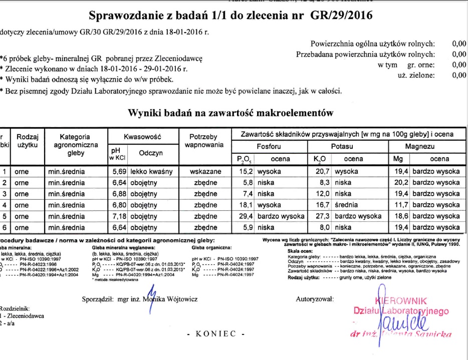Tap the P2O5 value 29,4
pos(245,216)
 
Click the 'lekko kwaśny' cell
pos(151,171)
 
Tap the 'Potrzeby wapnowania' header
pos(203,141)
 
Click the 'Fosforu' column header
pos(269,147)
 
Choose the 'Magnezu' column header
pos(420,147)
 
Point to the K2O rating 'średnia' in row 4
pos(346,205)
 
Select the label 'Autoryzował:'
pos(315,299)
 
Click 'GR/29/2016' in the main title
pos(341,16)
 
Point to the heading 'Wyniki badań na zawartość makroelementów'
pos(231,113)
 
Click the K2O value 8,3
pos(324,182)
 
